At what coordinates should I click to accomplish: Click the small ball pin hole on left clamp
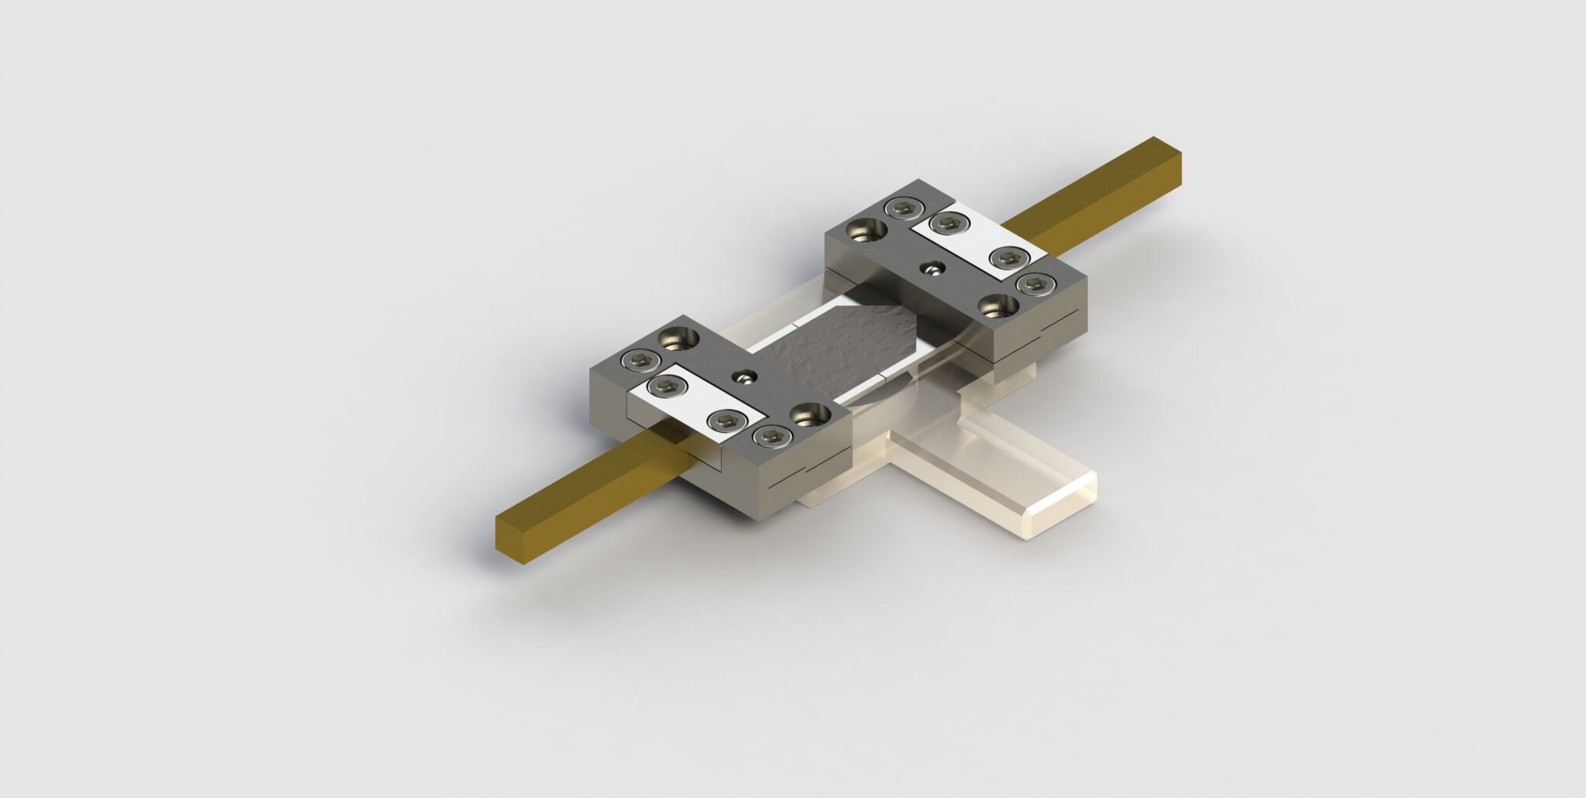pos(746,377)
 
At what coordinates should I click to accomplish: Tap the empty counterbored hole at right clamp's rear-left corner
pos(869,229)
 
